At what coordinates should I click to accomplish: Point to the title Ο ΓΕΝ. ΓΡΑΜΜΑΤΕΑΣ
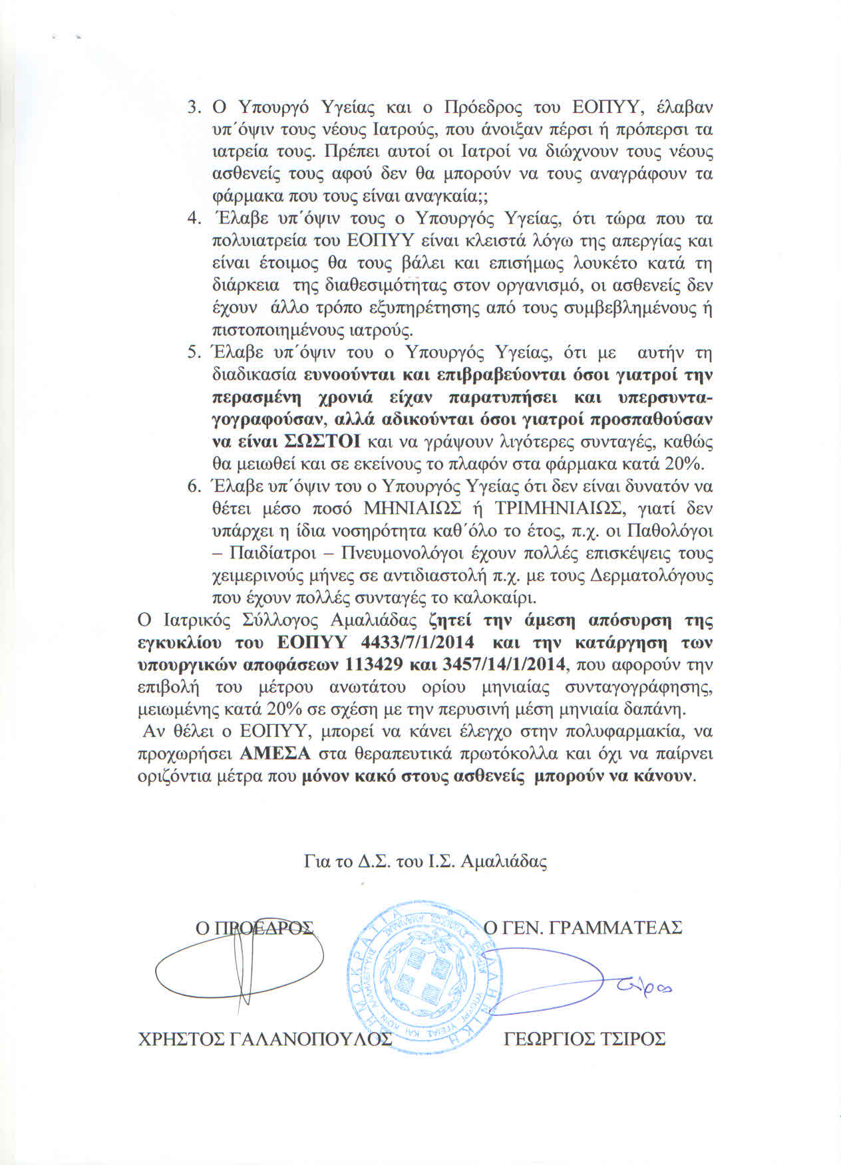[583, 927]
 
